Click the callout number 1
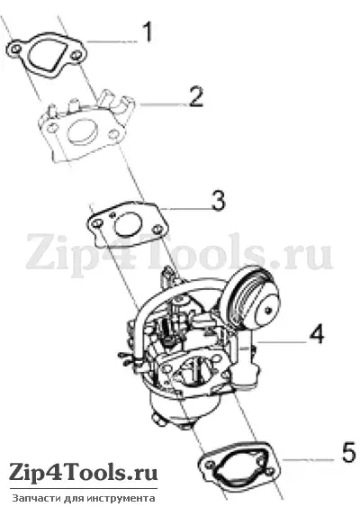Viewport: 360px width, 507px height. click(148, 32)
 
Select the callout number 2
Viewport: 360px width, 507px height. click(196, 96)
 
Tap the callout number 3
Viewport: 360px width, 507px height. click(218, 201)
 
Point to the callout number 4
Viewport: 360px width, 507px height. click(317, 334)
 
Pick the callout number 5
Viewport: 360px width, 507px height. click(349, 452)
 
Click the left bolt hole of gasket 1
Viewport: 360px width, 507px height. click(16, 50)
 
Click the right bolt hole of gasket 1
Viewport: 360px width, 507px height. click(76, 55)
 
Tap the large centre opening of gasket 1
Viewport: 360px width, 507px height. click(47, 55)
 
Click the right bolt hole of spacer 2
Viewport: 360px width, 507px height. click(113, 134)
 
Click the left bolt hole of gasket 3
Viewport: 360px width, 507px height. click(97, 224)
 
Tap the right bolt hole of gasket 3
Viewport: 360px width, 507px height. click(157, 229)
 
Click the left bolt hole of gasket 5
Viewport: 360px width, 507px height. click(211, 465)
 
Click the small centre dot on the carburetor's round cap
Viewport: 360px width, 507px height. click(268, 311)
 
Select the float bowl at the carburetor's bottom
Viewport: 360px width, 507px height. click(184, 407)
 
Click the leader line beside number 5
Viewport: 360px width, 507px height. click(309, 459)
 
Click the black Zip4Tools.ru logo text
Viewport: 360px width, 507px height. click(83, 473)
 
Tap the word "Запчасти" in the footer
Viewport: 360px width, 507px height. click(31, 498)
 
